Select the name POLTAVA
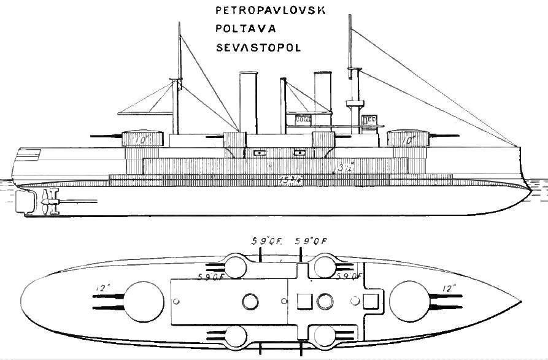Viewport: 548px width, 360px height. point(236,29)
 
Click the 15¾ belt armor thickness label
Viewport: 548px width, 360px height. point(287,180)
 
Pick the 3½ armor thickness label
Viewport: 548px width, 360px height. point(345,166)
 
